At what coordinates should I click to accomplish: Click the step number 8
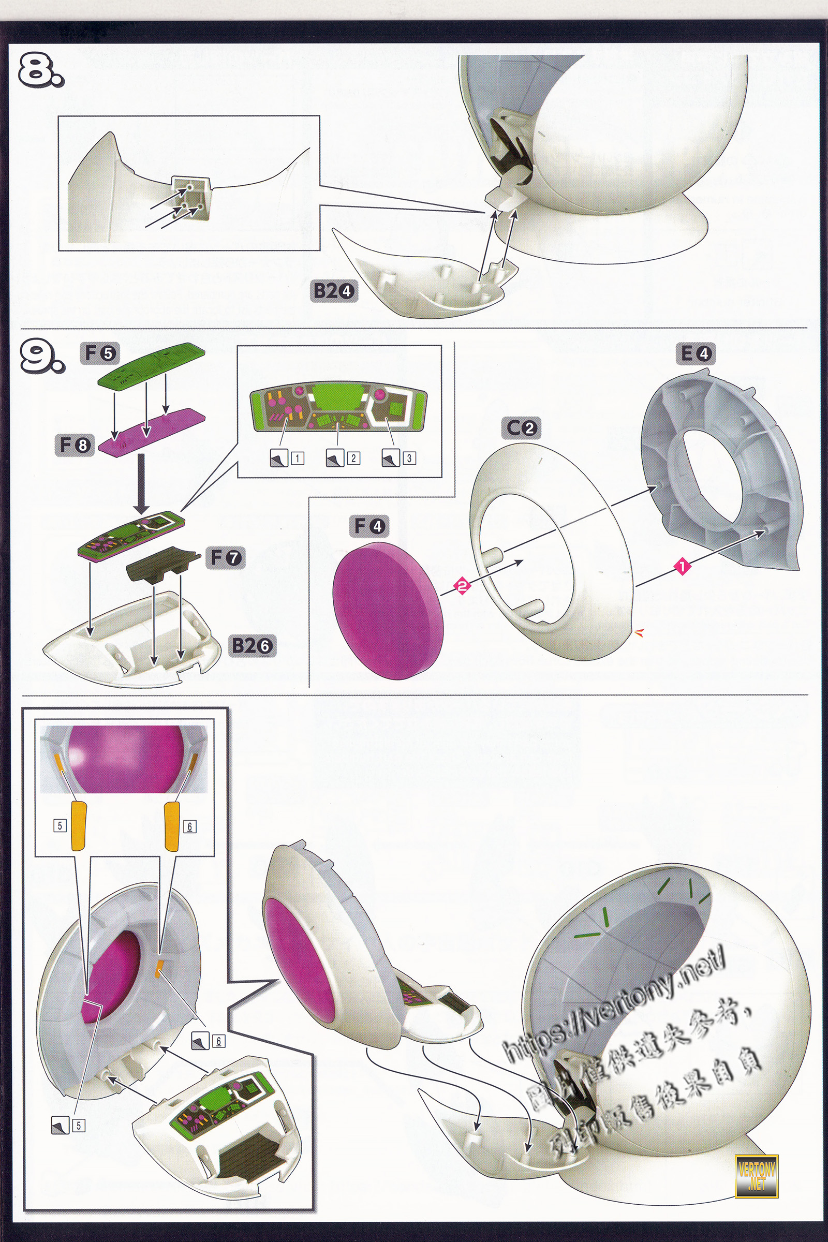click(x=40, y=71)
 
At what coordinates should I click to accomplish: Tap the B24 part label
click(x=335, y=291)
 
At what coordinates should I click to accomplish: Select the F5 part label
click(x=100, y=353)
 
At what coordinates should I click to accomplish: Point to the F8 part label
click(x=74, y=446)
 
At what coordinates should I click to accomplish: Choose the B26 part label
click(x=252, y=645)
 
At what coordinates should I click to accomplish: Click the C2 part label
click(x=522, y=428)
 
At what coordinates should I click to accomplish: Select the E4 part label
click(x=696, y=353)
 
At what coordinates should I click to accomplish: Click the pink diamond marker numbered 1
click(x=681, y=568)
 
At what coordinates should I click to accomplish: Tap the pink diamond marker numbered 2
click(x=462, y=585)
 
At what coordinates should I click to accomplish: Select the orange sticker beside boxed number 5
click(x=79, y=825)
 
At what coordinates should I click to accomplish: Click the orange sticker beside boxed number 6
click(x=172, y=825)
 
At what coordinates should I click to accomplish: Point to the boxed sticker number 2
click(x=353, y=459)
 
